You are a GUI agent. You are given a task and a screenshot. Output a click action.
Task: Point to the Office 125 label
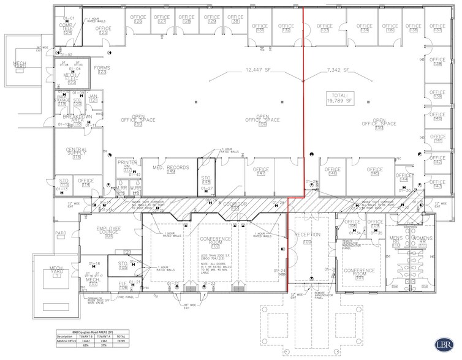pyautogui.click(x=103, y=30)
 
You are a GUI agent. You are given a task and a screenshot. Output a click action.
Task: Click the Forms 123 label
pyautogui.click(x=102, y=70)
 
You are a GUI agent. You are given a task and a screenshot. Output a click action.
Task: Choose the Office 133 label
pyautogui.click(x=323, y=28)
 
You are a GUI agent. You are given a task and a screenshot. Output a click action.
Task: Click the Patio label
pyautogui.click(x=59, y=233)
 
